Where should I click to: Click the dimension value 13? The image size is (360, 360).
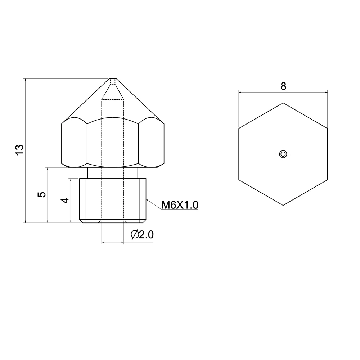19,150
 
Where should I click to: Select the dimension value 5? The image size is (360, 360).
42,195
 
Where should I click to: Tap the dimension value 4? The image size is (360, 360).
65,200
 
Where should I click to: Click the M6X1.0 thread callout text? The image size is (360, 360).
180,205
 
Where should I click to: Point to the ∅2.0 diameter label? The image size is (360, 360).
142,234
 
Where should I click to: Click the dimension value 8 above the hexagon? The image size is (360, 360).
283,86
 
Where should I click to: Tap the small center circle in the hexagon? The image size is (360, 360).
283,154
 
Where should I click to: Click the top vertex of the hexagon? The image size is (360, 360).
283,103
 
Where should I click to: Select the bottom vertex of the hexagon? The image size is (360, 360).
283,205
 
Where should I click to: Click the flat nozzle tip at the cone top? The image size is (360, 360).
113,79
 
